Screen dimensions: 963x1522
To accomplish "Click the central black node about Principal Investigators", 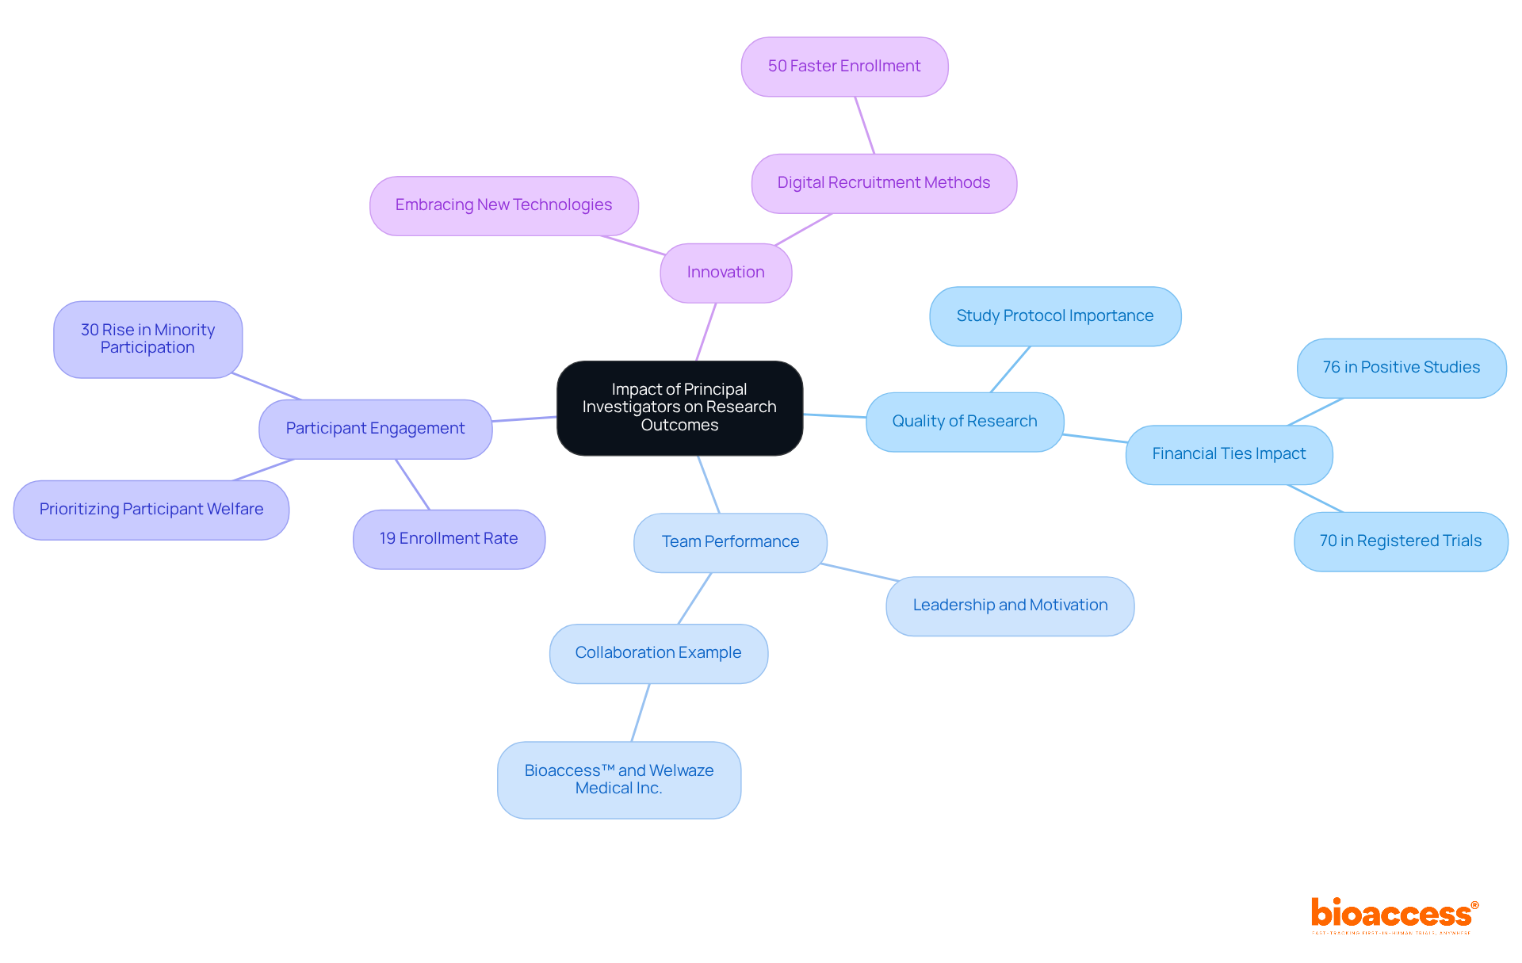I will pos(679,407).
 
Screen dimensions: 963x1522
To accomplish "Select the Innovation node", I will pos(725,273).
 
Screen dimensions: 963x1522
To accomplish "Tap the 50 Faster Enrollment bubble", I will pos(844,67).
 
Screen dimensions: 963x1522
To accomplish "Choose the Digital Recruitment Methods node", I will pos(883,183).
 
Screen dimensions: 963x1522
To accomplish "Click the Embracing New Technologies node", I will pos(503,205).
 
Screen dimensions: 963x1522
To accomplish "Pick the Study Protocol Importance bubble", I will pos(1054,316).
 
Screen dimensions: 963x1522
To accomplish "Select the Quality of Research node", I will pos(964,422).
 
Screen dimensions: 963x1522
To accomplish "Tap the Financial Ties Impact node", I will pos(1229,454).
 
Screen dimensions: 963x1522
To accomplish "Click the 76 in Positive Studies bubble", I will pos(1401,368).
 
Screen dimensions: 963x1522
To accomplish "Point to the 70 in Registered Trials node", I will pos(1400,541).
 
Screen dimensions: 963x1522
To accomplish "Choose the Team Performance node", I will pos(730,542).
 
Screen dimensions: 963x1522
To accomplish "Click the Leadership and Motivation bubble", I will pos(1010,606).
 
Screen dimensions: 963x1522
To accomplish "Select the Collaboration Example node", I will pos(658,653).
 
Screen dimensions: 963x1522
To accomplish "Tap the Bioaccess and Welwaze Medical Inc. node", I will pos(618,780).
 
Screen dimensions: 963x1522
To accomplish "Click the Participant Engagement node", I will pos(375,429).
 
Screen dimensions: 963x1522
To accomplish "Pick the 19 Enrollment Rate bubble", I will pos(449,539).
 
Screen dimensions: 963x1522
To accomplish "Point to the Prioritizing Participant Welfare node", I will pos(151,510).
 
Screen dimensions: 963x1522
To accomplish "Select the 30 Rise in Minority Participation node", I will pos(147,339).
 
